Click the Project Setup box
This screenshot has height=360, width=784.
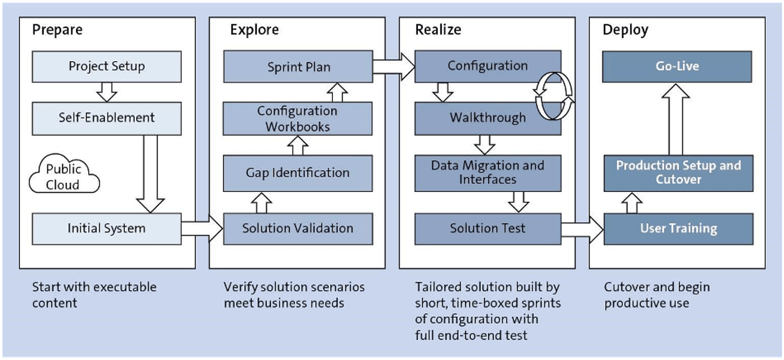coord(106,66)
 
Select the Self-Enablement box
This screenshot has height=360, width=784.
coord(106,117)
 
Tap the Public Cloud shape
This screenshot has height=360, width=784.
coord(64,177)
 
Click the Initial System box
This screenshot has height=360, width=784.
coord(106,229)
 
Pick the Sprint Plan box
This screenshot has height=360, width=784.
coord(298,66)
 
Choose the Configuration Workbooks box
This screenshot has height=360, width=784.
coord(298,118)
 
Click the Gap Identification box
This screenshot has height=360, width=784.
coord(298,173)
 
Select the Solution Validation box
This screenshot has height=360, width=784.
coord(298,229)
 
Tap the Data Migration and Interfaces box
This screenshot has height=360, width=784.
coord(487,172)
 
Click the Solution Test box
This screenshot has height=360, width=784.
coord(487,229)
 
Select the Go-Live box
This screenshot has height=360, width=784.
coord(677,66)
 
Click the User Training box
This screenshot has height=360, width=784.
coord(677,229)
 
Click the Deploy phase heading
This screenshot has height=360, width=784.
coord(625,30)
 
